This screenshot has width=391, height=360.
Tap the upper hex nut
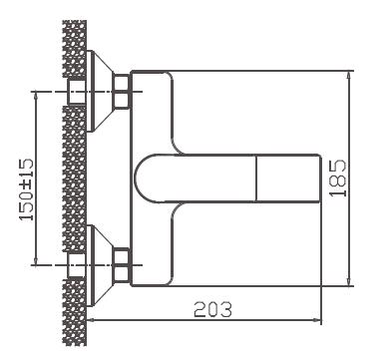tap(123, 93)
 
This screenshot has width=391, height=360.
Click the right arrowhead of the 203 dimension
tap(320, 320)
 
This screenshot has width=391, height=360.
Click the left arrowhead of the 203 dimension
tap(90, 320)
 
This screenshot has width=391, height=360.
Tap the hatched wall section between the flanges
tap(73, 179)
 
